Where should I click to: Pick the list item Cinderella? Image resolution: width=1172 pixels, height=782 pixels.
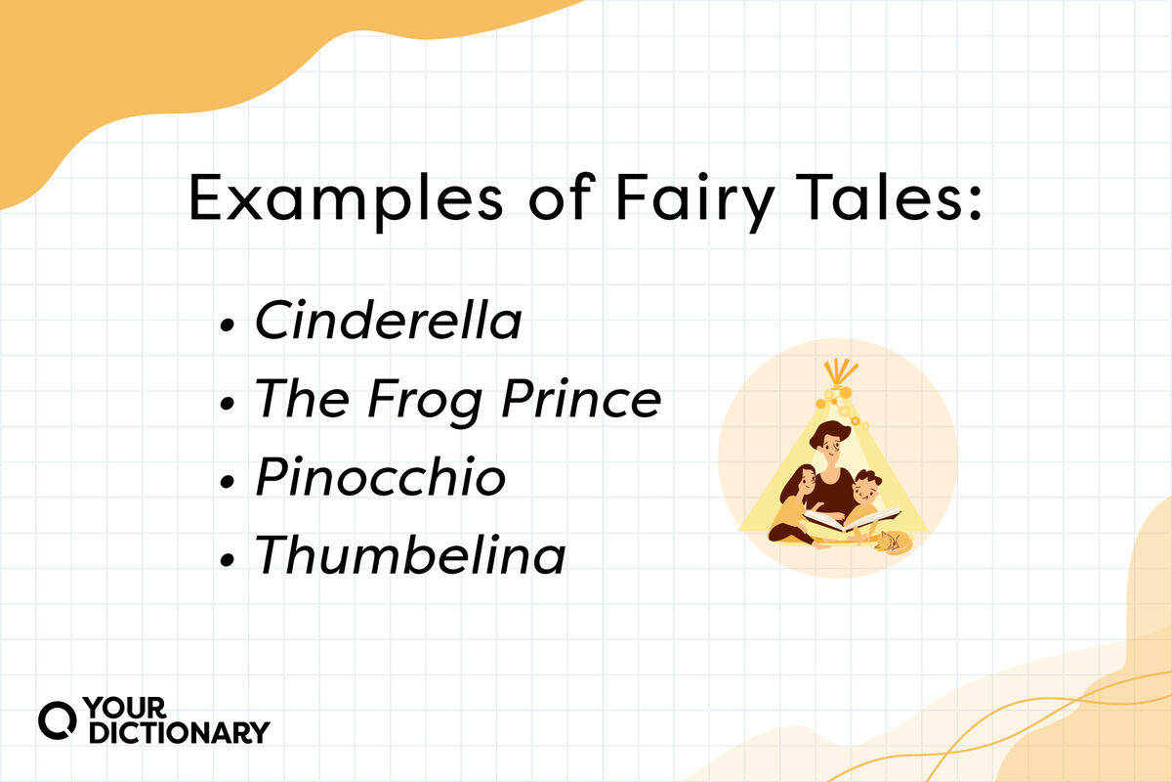pos(388,322)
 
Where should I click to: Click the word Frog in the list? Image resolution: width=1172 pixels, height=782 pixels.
pos(418,400)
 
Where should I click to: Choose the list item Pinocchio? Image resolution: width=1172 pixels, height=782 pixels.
pos(381,478)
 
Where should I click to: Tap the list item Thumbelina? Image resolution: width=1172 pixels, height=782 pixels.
pos(410,556)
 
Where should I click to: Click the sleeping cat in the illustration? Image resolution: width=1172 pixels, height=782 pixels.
pos(893,542)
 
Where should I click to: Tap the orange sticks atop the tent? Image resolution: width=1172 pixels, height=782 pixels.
pos(838,372)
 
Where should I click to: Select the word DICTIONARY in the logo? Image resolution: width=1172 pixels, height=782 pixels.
pos(179,732)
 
